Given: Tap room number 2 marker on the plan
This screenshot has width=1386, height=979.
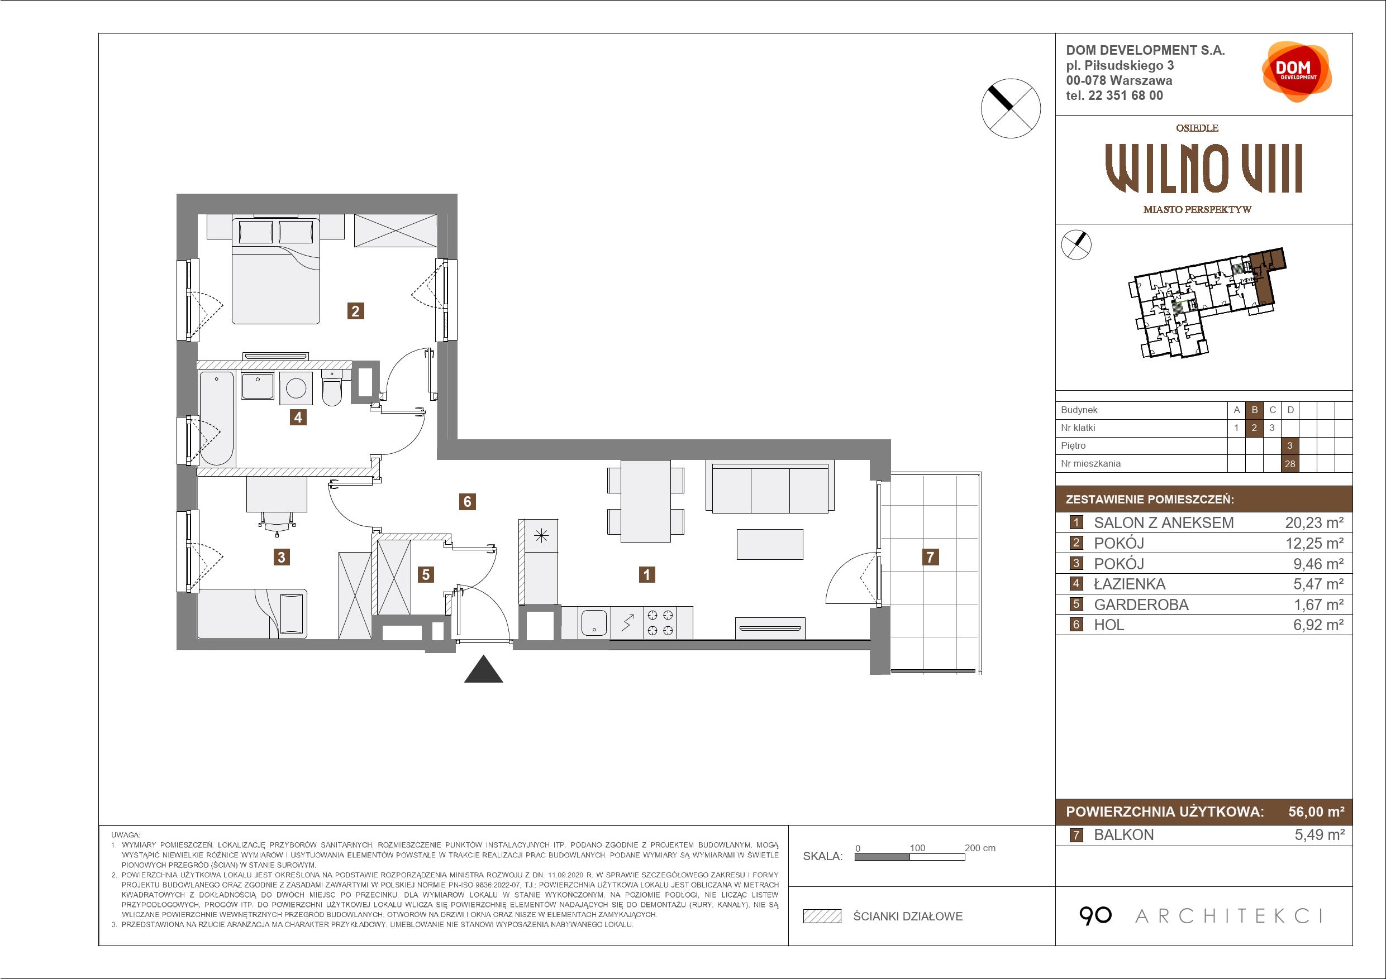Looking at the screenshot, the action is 355,311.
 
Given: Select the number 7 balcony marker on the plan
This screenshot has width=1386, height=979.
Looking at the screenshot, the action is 930,556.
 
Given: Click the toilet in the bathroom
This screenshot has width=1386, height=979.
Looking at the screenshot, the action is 332,387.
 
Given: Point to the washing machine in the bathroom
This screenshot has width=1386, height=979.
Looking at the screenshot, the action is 296,388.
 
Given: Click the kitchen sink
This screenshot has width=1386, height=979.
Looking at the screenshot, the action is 593,623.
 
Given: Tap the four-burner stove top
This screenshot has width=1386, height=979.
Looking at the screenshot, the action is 660,623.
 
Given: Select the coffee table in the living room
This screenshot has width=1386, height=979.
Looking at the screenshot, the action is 770,544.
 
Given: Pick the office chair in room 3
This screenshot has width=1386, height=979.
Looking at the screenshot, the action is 277,522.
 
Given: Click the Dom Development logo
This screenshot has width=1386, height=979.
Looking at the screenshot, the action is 1297,72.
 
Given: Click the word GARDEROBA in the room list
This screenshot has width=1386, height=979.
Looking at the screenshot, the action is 1141,604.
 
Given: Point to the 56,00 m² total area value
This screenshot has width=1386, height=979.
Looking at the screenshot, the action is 1316,812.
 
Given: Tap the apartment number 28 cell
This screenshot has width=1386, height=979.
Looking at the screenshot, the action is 1290,464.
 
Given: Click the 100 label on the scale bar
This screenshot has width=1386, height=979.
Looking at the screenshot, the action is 917,847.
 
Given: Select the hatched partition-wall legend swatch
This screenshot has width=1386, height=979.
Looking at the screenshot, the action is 822,916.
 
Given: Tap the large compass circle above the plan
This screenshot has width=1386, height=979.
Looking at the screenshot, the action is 1011,109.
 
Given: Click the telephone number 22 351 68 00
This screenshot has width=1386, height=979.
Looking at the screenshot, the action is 1125,95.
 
